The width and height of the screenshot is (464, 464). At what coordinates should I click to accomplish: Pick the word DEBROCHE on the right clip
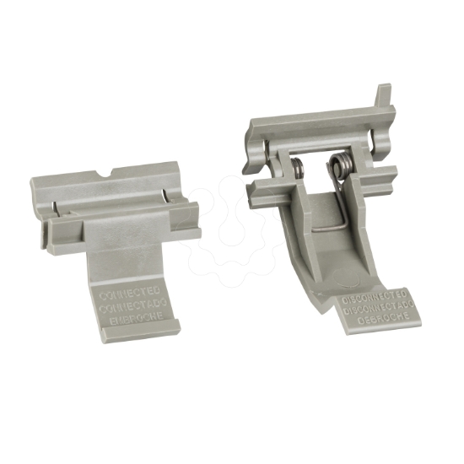[x=381, y=316]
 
